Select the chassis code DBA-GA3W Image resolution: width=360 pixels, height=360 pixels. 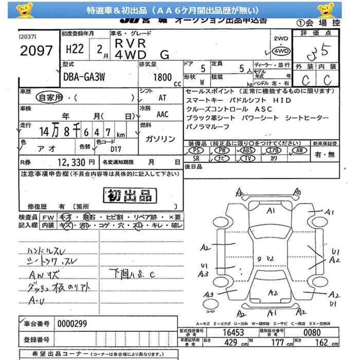[x=85, y=78]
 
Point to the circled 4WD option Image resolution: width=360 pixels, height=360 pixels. [x=281, y=51]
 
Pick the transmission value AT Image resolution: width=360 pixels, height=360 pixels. [x=162, y=97]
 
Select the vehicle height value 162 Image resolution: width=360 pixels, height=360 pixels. [x=321, y=342]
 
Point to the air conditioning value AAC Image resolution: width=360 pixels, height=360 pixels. [x=163, y=115]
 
